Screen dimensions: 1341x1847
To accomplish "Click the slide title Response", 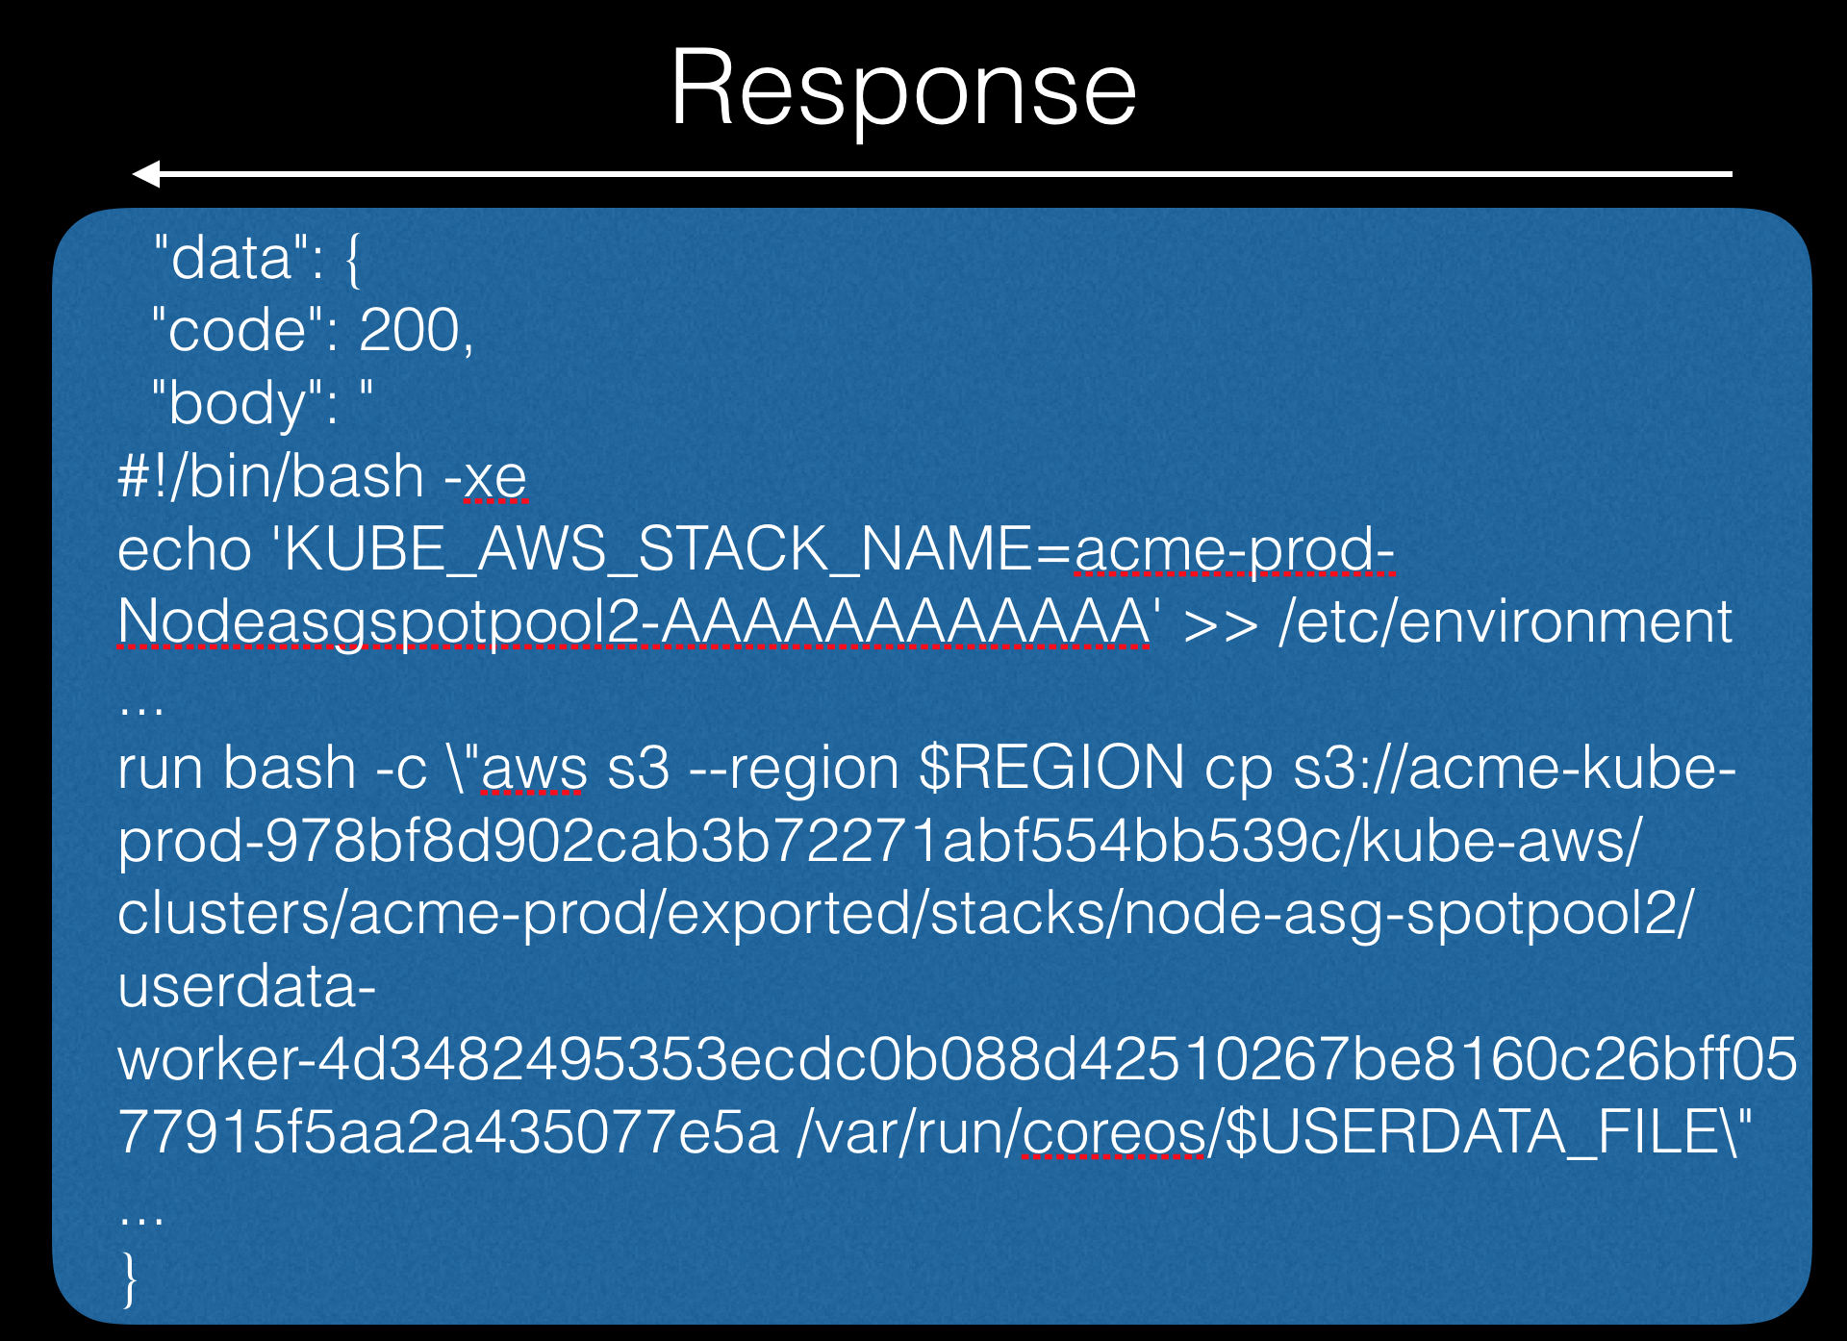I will tap(903, 89).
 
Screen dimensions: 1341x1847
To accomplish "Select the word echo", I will tap(184, 550).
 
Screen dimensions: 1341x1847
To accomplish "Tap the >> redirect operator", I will tap(1219, 623).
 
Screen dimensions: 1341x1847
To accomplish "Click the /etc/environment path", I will tap(1505, 622).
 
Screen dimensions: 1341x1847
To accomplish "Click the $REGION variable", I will tap(1051, 769).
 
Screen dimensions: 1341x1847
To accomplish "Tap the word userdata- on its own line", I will tap(246, 987).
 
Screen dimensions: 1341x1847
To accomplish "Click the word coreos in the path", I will tap(1113, 1133).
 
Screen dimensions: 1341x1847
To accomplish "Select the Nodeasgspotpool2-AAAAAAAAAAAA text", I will tap(633, 622).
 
